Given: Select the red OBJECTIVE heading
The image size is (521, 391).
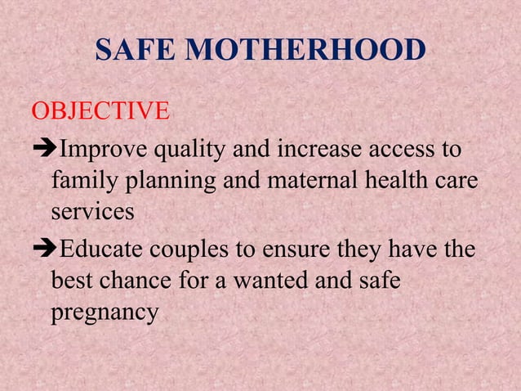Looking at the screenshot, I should [x=100, y=110].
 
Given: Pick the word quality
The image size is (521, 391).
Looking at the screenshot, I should [x=191, y=151].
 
